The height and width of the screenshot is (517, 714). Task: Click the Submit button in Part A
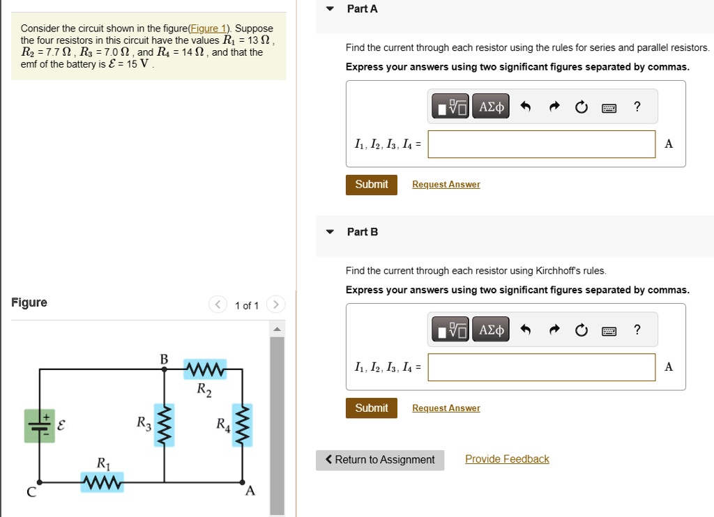point(371,185)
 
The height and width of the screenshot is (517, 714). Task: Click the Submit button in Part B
point(371,408)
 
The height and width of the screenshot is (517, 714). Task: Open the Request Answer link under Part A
point(446,185)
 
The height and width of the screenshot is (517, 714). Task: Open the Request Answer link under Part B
point(446,408)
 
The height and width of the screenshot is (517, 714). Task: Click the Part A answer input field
point(542,144)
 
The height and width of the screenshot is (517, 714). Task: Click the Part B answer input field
point(542,367)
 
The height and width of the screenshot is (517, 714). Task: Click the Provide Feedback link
point(507,459)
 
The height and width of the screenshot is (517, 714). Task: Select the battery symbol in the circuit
point(39,425)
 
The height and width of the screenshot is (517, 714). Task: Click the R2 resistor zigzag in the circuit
point(204,370)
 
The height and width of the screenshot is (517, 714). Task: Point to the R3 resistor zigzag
point(165,425)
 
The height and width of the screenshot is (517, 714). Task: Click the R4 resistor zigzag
point(243,425)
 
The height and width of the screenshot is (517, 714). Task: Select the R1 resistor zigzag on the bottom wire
point(102,482)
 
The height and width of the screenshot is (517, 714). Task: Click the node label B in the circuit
point(164,359)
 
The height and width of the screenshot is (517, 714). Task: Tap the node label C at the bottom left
point(31,493)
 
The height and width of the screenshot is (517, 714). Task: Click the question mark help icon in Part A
point(637,107)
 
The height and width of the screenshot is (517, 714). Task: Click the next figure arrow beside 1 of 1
point(275,305)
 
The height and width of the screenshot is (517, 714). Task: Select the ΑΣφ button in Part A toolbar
point(491,107)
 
